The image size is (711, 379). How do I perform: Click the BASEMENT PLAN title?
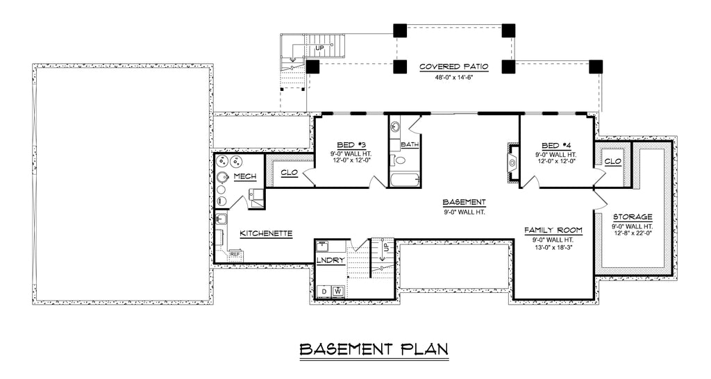(x=374, y=349)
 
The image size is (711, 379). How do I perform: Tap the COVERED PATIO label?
(x=454, y=67)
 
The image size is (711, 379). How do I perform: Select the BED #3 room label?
(x=351, y=145)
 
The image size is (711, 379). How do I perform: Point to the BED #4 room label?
(x=556, y=146)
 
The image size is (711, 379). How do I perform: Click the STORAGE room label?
(x=633, y=217)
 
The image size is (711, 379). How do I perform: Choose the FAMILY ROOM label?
(x=553, y=230)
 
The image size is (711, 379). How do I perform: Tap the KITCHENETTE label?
(x=266, y=234)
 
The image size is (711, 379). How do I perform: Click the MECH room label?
(x=245, y=176)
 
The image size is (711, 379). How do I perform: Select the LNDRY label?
(x=331, y=260)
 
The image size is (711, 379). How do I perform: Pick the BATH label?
(x=410, y=144)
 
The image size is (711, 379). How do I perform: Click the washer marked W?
(x=338, y=291)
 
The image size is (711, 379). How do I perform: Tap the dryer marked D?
(x=325, y=291)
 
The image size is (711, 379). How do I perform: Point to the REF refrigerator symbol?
(x=235, y=254)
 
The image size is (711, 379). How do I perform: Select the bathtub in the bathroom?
(x=405, y=180)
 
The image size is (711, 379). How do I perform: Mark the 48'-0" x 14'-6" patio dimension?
(x=454, y=78)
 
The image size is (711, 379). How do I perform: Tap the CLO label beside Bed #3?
(x=290, y=173)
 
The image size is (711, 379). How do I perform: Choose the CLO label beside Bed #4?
(x=612, y=162)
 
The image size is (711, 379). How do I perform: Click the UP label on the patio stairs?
(x=319, y=48)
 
